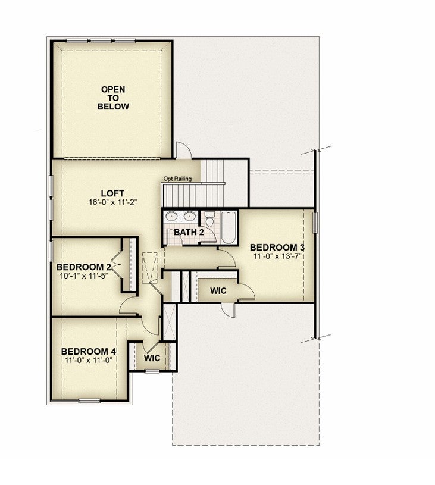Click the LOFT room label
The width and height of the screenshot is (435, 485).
click(112, 193)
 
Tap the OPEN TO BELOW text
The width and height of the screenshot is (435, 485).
click(113, 98)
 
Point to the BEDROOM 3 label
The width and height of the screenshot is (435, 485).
click(277, 248)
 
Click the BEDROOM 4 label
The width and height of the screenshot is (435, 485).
click(89, 352)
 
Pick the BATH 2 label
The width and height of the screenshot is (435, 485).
click(189, 232)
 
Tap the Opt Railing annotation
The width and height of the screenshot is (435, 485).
click(177, 179)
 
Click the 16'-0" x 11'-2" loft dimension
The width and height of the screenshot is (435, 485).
click(112, 202)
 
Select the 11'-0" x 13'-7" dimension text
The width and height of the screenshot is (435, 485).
click(277, 256)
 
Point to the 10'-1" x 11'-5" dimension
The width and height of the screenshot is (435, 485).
click(83, 276)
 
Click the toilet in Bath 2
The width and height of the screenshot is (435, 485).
click(210, 218)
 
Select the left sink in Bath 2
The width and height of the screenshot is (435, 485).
click(170, 216)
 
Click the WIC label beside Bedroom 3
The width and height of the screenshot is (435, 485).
click(218, 291)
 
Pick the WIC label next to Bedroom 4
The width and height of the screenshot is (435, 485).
click(152, 358)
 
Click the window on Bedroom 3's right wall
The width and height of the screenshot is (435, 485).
click(315, 223)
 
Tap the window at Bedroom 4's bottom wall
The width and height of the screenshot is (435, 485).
click(89, 401)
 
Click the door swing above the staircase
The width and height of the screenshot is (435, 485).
click(184, 151)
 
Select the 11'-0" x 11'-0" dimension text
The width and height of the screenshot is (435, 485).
click(89, 361)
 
